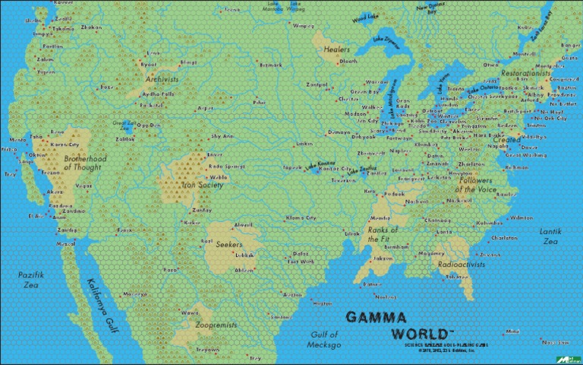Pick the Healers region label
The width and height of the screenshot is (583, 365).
(x=336, y=49)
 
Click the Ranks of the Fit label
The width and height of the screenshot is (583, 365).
(x=383, y=233)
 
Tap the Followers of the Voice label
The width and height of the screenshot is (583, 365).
(x=477, y=185)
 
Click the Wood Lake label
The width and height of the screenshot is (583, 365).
(x=366, y=17)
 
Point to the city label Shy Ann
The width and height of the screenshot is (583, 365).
(x=222, y=136)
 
